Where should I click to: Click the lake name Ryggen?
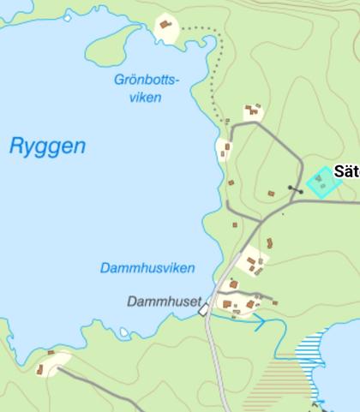tap(47, 146)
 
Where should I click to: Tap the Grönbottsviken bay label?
tap(146, 88)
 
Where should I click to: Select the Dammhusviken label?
tap(147, 268)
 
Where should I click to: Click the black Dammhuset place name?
tap(164, 302)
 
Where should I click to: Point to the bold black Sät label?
tap(346, 170)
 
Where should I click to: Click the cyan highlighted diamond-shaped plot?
tap(321, 182)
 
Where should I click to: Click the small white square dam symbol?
tap(204, 311)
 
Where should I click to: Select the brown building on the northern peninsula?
tap(165, 25)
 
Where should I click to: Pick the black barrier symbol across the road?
tap(295, 188)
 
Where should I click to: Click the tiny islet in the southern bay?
tap(124, 331)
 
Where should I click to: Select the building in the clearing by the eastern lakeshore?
tap(226, 151)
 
